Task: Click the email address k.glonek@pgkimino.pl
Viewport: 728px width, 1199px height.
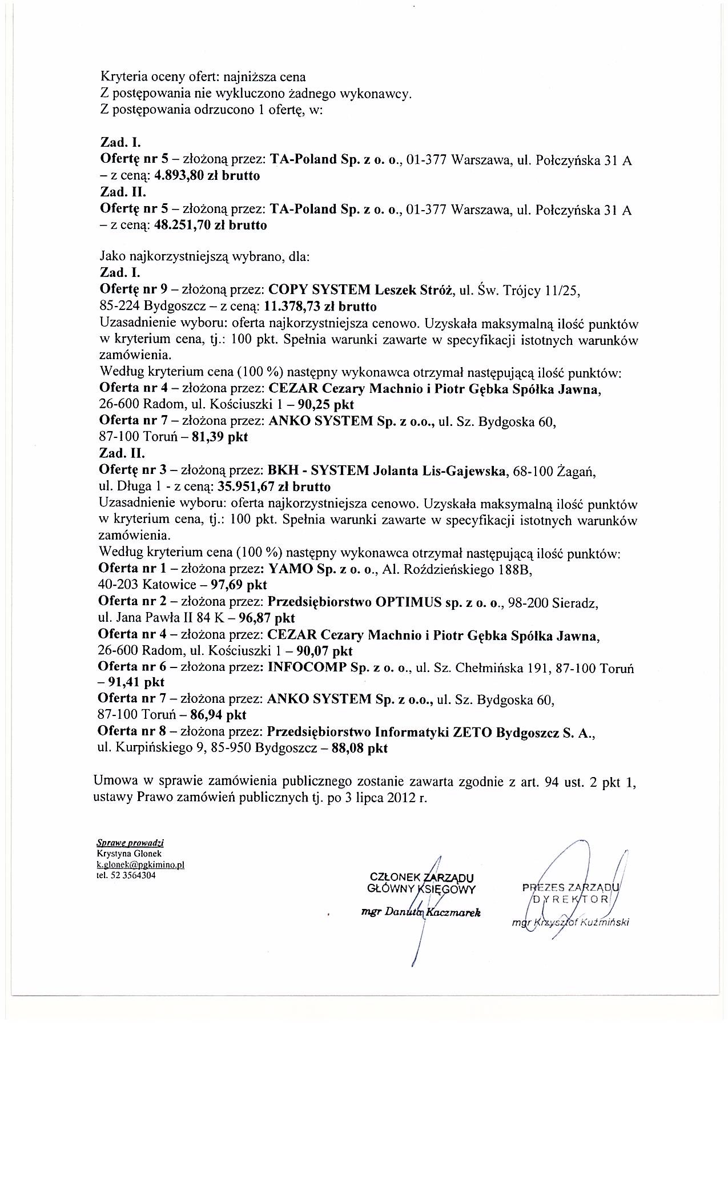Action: [140, 865]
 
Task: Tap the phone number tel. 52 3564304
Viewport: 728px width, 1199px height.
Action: [127, 875]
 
